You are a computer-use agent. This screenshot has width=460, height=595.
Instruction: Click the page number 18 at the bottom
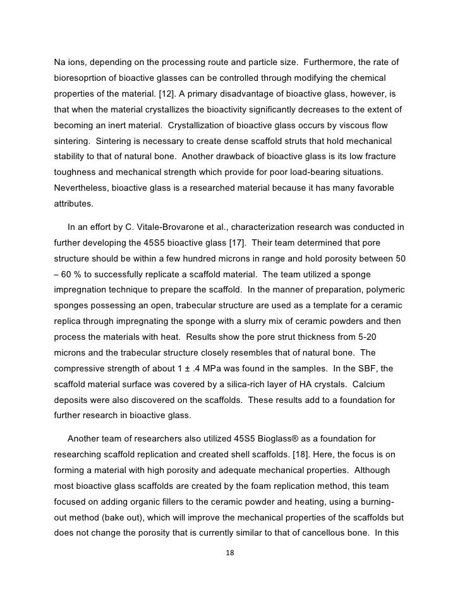coord(230,553)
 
